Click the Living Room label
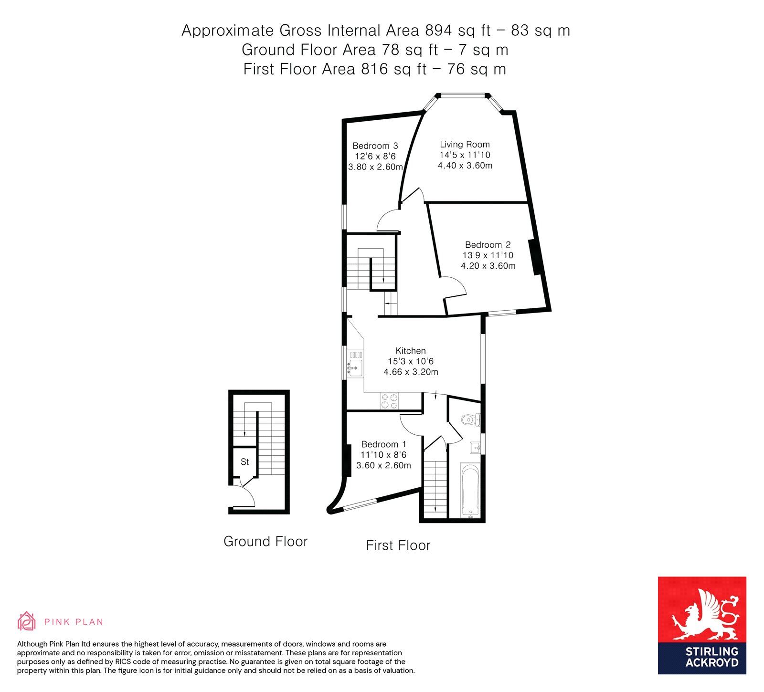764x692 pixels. click(x=465, y=145)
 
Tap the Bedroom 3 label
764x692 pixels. click(x=375, y=146)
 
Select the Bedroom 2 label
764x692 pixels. click(x=488, y=245)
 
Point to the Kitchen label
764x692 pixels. click(x=411, y=351)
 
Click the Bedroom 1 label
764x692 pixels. click(x=384, y=444)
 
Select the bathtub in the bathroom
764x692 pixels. click(x=471, y=490)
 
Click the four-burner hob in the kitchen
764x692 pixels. click(x=389, y=401)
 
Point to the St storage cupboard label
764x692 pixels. click(x=245, y=462)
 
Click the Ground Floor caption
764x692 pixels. click(x=265, y=542)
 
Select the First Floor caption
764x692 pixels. click(x=398, y=545)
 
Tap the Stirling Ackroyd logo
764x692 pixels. click(x=702, y=625)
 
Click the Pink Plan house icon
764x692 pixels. click(x=27, y=621)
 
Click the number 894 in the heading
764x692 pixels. click(x=438, y=31)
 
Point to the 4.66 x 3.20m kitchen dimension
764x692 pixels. click(x=411, y=372)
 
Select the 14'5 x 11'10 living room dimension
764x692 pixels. click(x=465, y=155)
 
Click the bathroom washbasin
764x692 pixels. click(x=475, y=448)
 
